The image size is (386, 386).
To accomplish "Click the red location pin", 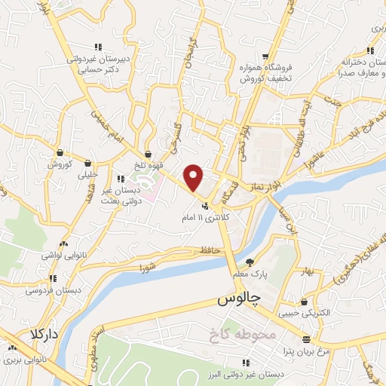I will pos(195,177).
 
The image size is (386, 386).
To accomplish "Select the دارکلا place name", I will pos(44,333).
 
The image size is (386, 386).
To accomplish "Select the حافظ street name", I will pos(209,250).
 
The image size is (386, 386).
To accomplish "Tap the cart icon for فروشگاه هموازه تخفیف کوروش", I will pos(265,57).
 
